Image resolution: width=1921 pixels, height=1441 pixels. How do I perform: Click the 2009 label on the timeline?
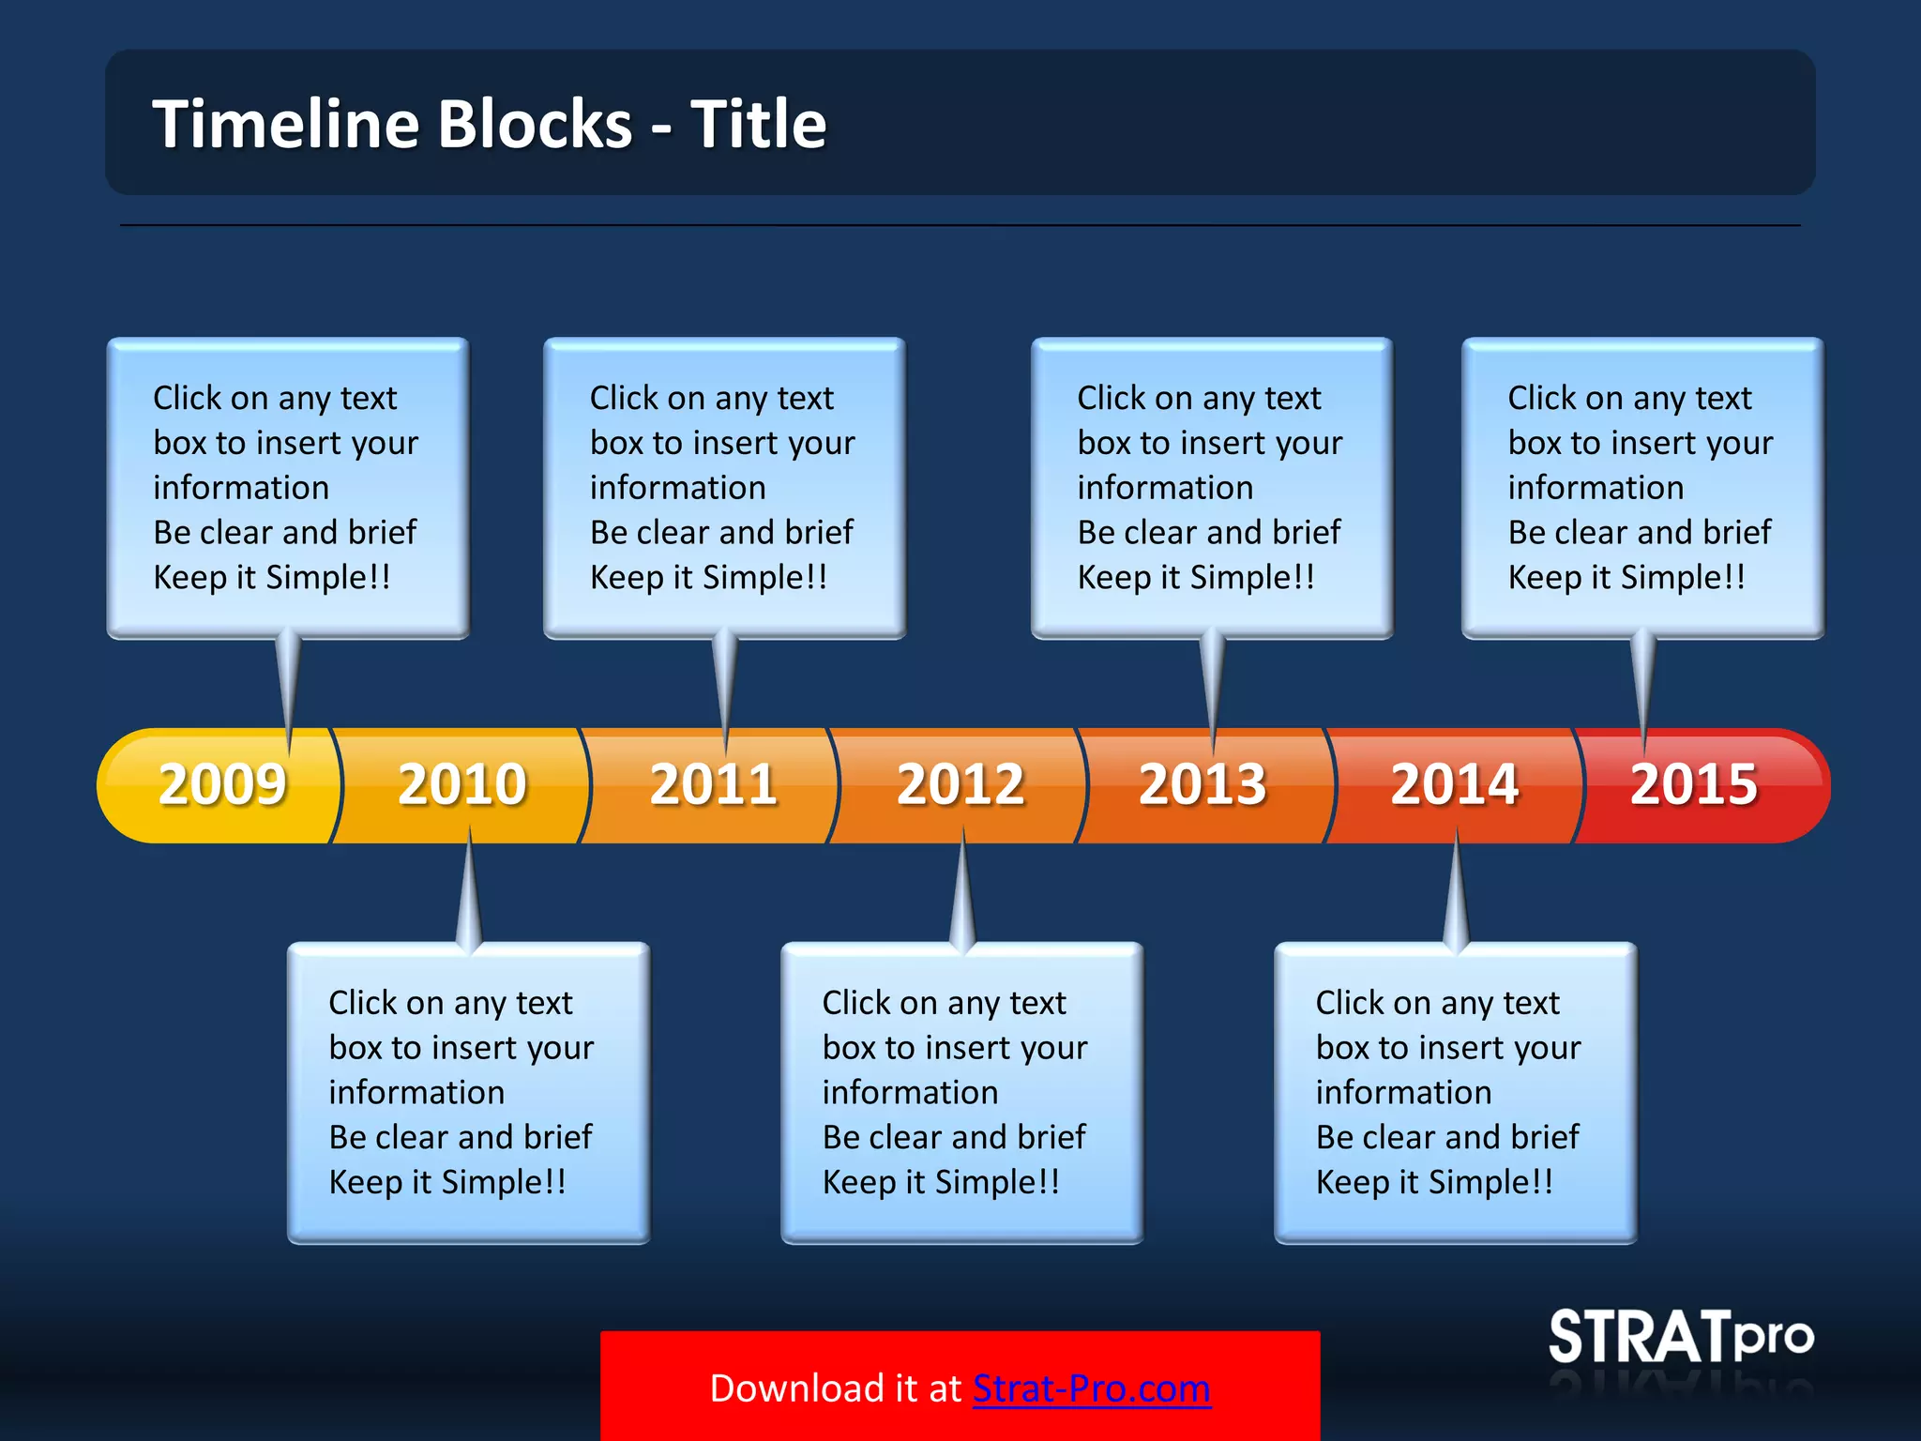(221, 784)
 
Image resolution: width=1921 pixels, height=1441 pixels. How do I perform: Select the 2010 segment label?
(461, 784)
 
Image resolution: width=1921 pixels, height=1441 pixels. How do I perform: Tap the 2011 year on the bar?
(713, 784)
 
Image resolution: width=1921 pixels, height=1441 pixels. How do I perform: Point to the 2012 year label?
(960, 784)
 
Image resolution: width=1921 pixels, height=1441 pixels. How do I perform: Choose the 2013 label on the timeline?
(1202, 784)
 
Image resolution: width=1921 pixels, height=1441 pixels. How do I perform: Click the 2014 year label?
(1454, 784)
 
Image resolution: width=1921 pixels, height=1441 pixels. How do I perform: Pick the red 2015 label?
(1693, 784)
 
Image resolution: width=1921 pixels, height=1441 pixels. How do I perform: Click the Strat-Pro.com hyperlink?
(1091, 1388)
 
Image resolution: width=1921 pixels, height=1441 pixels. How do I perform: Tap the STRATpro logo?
(1680, 1337)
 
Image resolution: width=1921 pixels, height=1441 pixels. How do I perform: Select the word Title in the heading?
(758, 124)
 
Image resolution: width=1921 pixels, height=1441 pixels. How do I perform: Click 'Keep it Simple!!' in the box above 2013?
(1195, 577)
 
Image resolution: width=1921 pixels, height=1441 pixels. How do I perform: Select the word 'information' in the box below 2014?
(1402, 1093)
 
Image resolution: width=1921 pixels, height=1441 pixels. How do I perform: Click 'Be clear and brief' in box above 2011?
(721, 532)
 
